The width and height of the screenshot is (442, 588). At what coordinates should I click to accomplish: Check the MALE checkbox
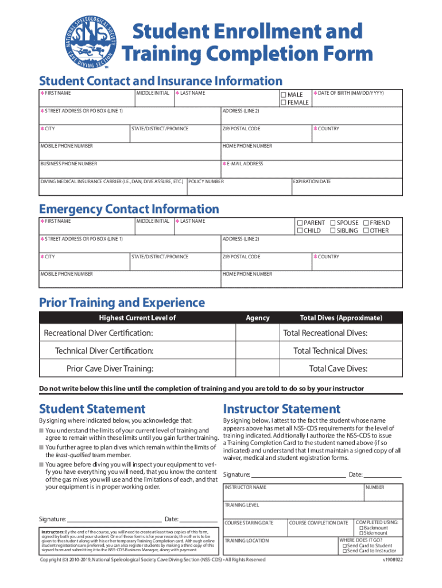pyautogui.click(x=283, y=95)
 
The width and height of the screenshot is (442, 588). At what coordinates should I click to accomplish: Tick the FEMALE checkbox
pyautogui.click(x=283, y=103)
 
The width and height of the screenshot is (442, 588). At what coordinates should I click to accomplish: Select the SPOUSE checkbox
pyautogui.click(x=332, y=223)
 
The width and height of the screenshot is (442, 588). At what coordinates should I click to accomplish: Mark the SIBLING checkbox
pyautogui.click(x=332, y=231)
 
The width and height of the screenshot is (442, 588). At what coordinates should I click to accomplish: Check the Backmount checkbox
pyautogui.click(x=361, y=528)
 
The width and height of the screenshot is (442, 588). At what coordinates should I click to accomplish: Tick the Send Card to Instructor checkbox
pyautogui.click(x=344, y=551)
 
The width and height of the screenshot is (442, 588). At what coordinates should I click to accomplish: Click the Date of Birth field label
pyautogui.click(x=350, y=93)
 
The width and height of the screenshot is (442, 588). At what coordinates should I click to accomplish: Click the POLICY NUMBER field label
pyautogui.click(x=206, y=181)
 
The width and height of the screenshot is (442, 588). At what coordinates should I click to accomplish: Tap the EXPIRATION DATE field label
pyautogui.click(x=312, y=181)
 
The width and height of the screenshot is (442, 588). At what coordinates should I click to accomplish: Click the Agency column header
pyautogui.click(x=257, y=318)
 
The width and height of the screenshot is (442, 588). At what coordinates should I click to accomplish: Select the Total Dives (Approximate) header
pyautogui.click(x=341, y=318)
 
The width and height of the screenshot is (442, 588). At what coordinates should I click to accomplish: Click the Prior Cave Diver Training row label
pyautogui.click(x=110, y=369)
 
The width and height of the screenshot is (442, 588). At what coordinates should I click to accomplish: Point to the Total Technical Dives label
pyautogui.click(x=330, y=351)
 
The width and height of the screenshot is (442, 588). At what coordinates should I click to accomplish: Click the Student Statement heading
pyautogui.click(x=92, y=409)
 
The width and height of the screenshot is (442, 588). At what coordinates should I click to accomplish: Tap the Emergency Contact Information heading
pyautogui.click(x=129, y=209)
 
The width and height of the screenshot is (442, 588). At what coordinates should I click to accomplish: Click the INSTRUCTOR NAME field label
pyautogui.click(x=245, y=488)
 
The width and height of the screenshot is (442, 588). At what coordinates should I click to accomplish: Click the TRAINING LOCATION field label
pyautogui.click(x=246, y=541)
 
